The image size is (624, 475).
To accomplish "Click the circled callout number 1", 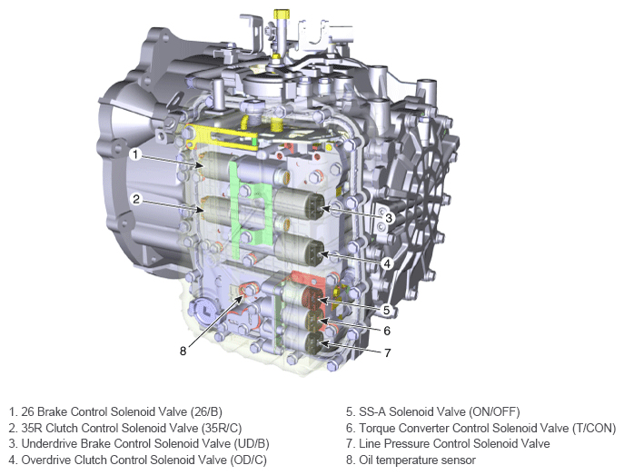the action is tap(135, 154).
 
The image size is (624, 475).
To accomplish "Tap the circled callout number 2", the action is tap(136, 199).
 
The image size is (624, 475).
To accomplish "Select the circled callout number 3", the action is tap(389, 218).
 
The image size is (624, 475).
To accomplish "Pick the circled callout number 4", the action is tap(387, 263).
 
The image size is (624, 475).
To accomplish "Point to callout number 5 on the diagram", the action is tap(386, 310).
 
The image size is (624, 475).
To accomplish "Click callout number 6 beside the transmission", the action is tap(387, 331).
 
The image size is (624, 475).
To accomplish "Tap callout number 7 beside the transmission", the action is tap(387, 353).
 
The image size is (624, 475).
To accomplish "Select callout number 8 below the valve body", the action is tap(183, 351).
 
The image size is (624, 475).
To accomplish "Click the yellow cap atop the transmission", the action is tap(281, 15).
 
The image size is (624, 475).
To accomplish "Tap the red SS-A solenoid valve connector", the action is tap(312, 299).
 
